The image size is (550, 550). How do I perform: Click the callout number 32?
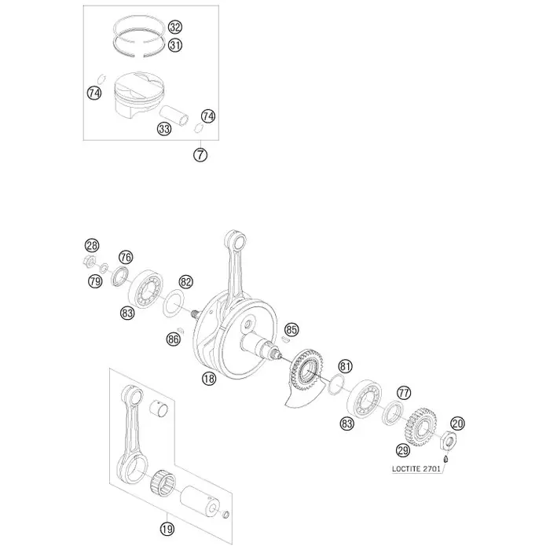(x=174, y=27)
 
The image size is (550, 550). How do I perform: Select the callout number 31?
(x=174, y=46)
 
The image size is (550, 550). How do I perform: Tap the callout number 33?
(x=164, y=129)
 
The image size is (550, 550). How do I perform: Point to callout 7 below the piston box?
(x=200, y=155)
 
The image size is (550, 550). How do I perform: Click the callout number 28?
(x=92, y=245)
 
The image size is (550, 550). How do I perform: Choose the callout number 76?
(x=126, y=258)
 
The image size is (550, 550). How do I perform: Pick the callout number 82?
(x=186, y=282)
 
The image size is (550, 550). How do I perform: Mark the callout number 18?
(x=209, y=379)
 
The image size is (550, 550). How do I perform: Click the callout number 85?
(x=291, y=330)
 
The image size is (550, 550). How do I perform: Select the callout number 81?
(x=345, y=367)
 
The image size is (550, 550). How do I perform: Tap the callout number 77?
(x=403, y=393)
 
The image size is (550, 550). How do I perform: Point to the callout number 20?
(x=457, y=423)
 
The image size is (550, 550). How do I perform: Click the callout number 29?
(x=403, y=450)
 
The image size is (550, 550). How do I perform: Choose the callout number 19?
(x=167, y=529)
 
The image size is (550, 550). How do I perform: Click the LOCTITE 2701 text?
(x=416, y=469)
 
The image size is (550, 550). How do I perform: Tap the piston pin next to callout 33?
(x=174, y=115)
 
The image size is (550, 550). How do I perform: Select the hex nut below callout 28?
(x=90, y=262)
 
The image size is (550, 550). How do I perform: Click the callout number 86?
(x=174, y=339)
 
